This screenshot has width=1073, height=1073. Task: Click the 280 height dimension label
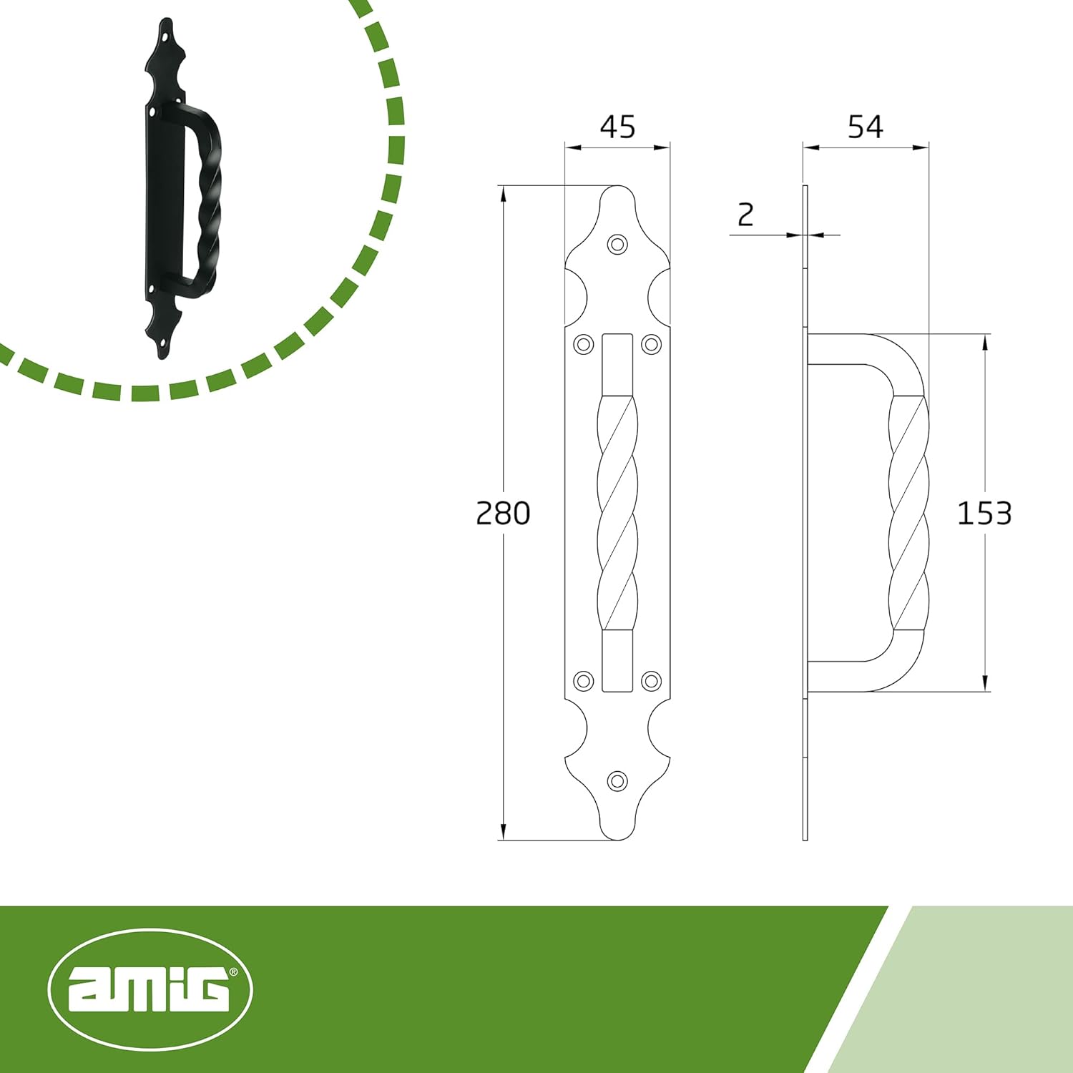[x=503, y=513]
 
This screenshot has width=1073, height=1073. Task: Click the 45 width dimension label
[x=617, y=127]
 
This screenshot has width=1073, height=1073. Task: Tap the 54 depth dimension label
[x=865, y=127]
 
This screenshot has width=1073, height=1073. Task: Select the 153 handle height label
[x=984, y=513]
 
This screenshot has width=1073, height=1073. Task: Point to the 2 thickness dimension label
[x=745, y=215]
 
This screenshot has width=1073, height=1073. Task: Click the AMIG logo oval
[x=150, y=990]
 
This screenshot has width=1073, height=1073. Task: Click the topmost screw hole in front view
[x=617, y=244]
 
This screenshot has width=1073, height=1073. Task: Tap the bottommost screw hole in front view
[x=617, y=781]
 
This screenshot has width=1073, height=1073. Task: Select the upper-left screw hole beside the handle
[x=584, y=345]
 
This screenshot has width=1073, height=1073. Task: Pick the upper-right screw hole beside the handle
[x=651, y=345]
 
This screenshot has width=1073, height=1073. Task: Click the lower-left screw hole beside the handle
[x=584, y=680]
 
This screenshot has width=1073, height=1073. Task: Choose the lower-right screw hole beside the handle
[x=651, y=680]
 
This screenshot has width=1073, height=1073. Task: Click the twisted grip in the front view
[x=617, y=513]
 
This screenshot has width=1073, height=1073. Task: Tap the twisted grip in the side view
[x=908, y=513]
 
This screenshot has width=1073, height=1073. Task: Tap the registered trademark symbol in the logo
[x=233, y=972]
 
